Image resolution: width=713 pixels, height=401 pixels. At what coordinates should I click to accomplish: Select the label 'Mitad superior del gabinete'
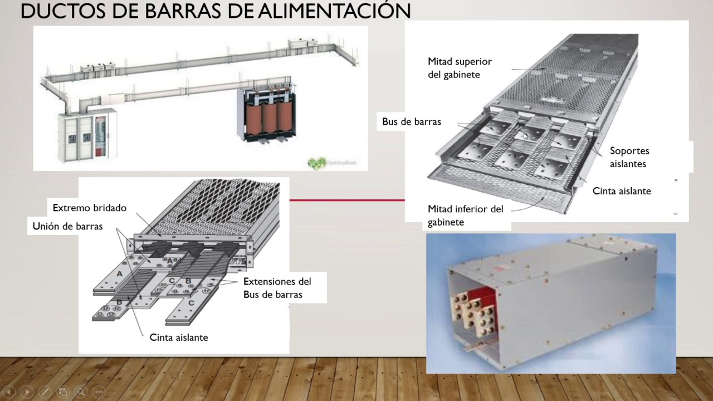coord(460,68)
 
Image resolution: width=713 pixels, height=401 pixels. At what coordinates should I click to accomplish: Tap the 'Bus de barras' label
coord(411,122)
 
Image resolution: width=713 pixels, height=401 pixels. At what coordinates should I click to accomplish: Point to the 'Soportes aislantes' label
coord(629,158)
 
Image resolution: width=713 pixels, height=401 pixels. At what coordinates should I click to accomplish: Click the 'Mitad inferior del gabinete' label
coord(465,216)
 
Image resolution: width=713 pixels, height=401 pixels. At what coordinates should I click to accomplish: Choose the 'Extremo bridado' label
coord(89,208)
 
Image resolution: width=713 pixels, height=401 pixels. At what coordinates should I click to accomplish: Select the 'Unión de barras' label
coord(67,226)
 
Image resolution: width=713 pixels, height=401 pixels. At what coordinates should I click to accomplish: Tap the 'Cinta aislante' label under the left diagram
coord(178,338)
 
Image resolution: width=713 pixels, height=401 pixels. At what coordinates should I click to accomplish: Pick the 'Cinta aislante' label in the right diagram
coord(621,191)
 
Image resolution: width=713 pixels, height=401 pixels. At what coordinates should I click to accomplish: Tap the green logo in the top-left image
coord(317,163)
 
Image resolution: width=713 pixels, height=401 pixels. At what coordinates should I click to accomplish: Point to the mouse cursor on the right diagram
coord(525,136)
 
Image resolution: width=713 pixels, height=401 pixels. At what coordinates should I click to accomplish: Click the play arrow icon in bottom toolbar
coord(27,392)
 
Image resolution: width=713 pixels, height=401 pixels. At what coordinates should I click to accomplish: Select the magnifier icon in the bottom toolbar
coord(81,392)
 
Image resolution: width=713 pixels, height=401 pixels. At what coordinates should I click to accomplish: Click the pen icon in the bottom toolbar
coord(45,392)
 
